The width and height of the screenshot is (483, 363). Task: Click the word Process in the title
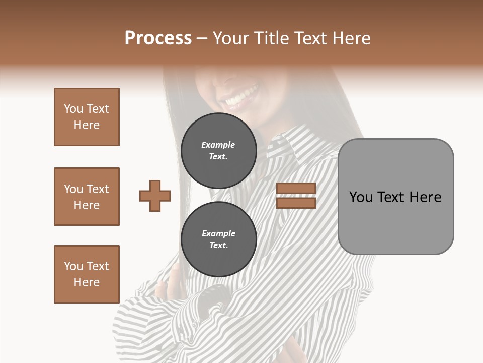[x=158, y=38]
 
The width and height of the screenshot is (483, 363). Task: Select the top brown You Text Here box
[x=87, y=117]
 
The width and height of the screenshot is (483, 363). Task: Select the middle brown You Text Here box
[x=87, y=197]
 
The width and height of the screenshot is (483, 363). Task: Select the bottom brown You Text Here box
[x=87, y=274]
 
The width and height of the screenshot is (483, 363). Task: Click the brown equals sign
[x=296, y=196]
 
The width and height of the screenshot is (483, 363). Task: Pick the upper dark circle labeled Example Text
[x=219, y=151]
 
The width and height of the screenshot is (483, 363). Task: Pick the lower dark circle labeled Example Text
[x=219, y=239]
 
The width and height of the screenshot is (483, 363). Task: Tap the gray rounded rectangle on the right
[x=395, y=197]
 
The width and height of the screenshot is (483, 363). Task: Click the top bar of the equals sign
[x=296, y=189]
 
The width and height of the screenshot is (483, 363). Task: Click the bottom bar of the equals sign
[x=296, y=203]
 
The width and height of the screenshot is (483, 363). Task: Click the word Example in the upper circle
[x=218, y=145]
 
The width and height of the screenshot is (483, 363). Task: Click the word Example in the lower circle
[x=218, y=233]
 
